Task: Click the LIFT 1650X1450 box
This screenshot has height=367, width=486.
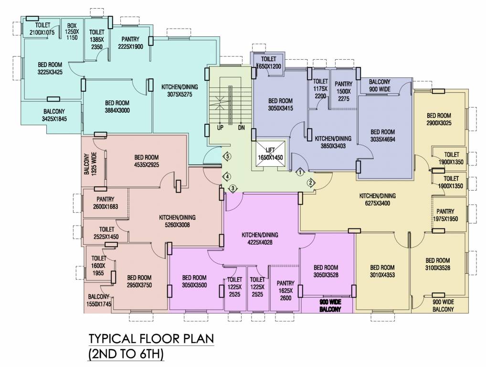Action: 271,153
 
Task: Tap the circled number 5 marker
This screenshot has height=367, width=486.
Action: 228,156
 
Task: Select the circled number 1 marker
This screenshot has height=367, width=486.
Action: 300,172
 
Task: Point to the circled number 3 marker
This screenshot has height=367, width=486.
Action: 232,188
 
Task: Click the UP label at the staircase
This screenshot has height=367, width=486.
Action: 220,128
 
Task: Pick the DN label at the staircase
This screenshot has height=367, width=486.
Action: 241,128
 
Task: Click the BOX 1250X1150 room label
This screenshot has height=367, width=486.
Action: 72,32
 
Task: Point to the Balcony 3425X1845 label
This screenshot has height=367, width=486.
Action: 53,115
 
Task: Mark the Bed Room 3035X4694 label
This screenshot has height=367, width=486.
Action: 382,136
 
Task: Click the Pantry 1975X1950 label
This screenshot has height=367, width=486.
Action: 445,215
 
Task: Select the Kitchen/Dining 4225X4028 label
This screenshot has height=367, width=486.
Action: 260,238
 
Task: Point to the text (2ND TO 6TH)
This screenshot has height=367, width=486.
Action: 126,355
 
